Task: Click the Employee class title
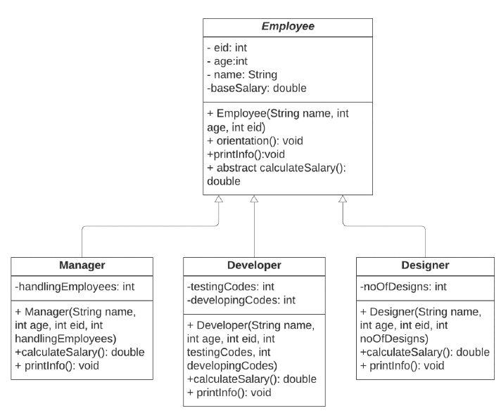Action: [x=288, y=27]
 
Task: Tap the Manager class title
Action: [x=82, y=265]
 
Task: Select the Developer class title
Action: [x=254, y=265]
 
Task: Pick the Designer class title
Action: [x=425, y=265]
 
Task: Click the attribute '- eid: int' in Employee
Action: [x=227, y=48]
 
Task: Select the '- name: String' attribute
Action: [x=242, y=74]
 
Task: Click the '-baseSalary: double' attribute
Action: [x=257, y=88]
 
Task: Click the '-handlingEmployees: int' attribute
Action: [x=75, y=287]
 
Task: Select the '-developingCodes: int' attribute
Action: [x=241, y=301]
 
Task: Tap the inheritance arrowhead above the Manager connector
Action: [x=218, y=199]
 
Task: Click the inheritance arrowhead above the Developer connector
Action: [x=254, y=199]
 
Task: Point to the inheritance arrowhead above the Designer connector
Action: [x=343, y=199]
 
